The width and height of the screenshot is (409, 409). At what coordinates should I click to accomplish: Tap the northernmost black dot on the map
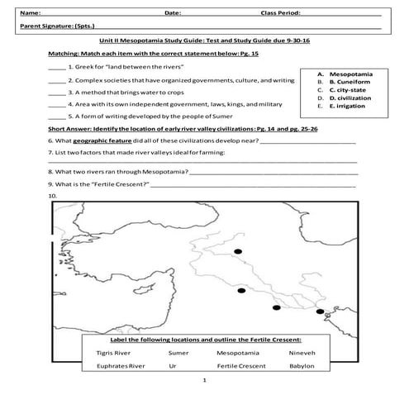coord(238,251)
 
